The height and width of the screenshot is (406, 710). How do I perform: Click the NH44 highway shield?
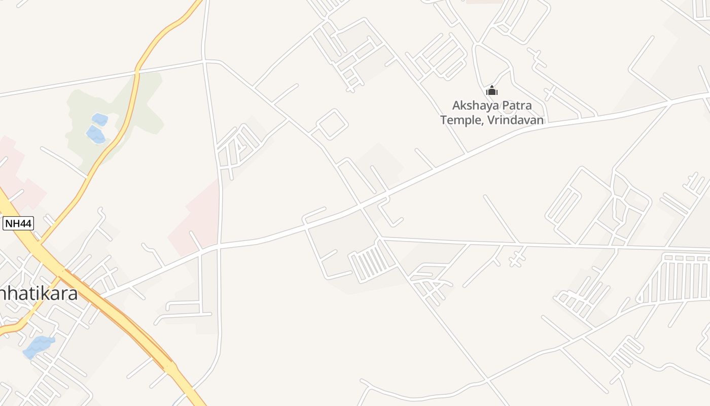(18, 223)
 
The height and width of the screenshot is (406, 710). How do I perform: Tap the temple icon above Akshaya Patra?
(491, 91)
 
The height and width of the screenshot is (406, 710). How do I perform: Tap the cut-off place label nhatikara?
(39, 293)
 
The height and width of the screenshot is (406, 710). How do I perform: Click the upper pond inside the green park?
(99, 119)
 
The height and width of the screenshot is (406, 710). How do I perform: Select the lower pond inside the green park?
(95, 134)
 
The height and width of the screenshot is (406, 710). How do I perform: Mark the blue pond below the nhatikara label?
(38, 346)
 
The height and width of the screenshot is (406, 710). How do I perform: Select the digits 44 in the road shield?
(25, 223)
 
